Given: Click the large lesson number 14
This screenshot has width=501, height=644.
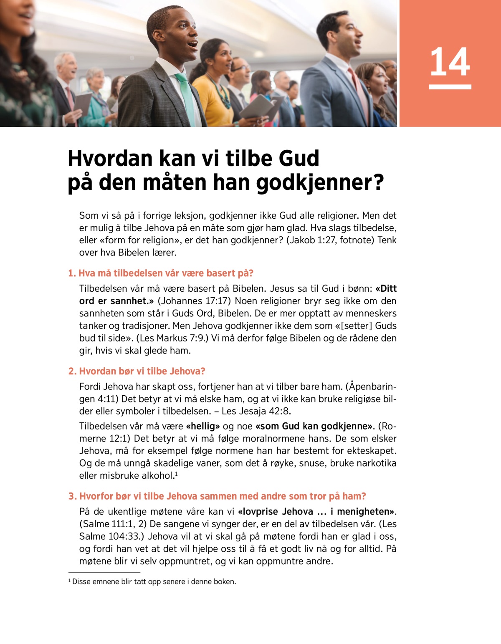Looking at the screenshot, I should pos(450,62).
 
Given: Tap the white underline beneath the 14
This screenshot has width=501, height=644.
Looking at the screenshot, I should pos(450,87).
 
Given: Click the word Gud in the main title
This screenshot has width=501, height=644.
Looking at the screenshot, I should pos(299,159).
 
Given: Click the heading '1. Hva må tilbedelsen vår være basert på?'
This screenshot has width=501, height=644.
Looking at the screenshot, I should pos(161,273).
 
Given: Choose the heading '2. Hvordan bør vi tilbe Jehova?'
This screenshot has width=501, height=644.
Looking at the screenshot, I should pos(137,371).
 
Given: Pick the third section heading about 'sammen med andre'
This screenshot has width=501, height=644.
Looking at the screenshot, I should pos(217,496).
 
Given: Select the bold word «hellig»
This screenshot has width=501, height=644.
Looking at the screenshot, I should pos(203,426).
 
